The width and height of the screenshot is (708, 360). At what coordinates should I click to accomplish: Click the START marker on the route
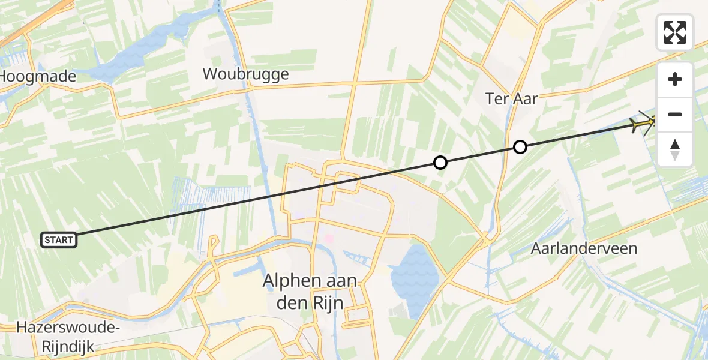click(59, 240)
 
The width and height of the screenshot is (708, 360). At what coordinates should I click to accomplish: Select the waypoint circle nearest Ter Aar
click(520, 147)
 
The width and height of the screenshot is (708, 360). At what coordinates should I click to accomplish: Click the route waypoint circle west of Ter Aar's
click(440, 163)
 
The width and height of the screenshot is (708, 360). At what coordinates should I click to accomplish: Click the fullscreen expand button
click(675, 32)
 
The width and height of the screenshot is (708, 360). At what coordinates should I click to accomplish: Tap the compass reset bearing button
click(675, 149)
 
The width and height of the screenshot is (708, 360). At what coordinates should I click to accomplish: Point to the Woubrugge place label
click(245, 74)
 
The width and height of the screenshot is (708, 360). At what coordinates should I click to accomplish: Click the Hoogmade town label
click(38, 77)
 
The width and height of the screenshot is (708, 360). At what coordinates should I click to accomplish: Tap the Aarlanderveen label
click(584, 248)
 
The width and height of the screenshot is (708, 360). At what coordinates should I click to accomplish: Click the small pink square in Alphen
click(329, 239)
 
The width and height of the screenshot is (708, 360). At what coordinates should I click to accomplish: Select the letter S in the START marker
click(47, 240)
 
